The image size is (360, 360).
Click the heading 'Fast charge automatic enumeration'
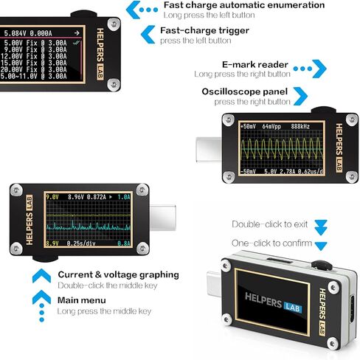coord(243,5)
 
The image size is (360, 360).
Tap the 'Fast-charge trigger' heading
coord(204,30)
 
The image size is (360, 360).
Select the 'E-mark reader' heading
coord(255,64)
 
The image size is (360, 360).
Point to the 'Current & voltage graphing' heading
coord(118,274)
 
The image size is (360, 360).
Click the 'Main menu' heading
coord(81,300)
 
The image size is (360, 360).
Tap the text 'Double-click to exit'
coord(270,224)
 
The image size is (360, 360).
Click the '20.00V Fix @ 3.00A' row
coord(35,69)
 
